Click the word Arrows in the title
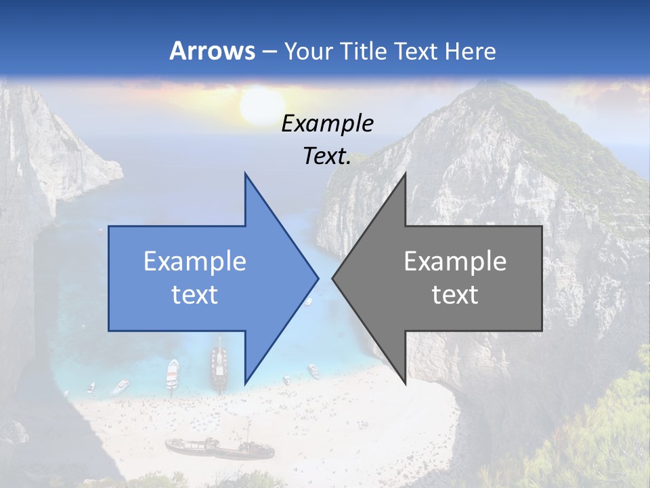pos(213,51)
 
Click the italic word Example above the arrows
pos(327,124)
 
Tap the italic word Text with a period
pos(327,156)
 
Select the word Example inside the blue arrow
pos(195,262)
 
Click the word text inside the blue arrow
pos(195,295)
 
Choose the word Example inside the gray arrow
pos(455,262)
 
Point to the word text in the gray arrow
pos(455,295)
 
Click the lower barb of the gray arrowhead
pos(404,382)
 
